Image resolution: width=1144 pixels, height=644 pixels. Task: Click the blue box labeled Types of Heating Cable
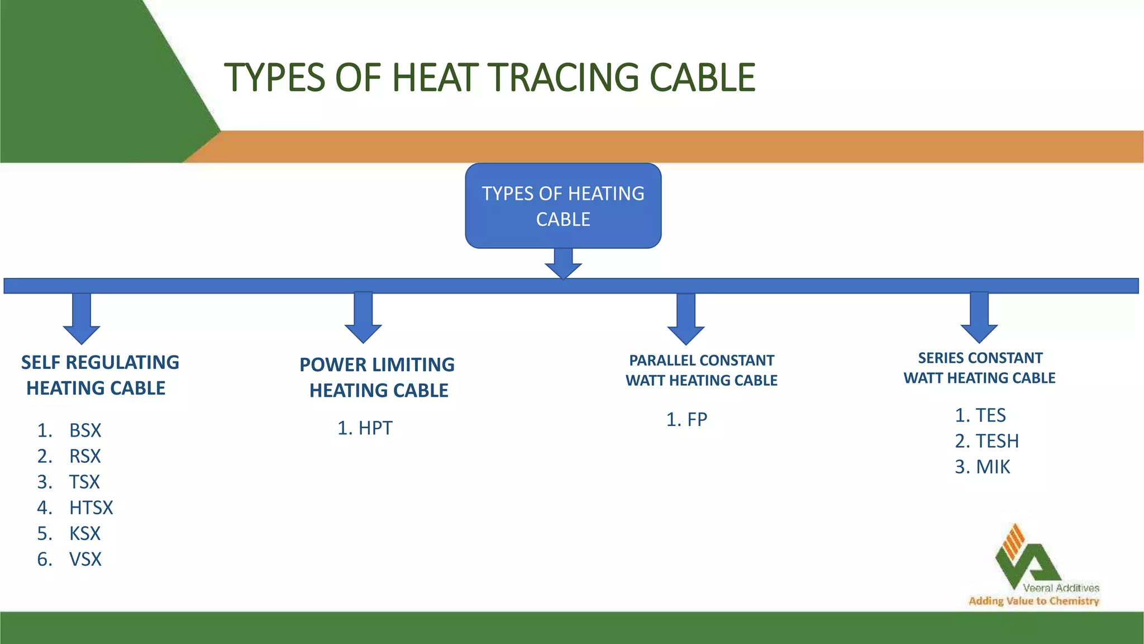563,206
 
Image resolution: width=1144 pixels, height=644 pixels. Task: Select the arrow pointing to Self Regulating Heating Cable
82,319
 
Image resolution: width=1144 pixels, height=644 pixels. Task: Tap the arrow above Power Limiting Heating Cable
363,318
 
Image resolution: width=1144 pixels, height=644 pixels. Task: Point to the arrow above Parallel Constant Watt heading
686,319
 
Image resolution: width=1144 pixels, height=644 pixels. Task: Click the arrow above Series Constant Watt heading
979,318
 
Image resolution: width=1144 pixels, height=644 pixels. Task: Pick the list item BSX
85,430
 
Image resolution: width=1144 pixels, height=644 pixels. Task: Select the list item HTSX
91,508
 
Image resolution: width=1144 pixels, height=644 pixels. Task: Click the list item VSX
85,559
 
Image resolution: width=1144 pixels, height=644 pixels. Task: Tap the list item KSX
85,533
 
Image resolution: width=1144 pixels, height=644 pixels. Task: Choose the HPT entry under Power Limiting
375,428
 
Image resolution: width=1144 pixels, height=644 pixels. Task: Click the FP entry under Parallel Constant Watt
697,419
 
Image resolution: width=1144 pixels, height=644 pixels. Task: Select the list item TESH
997,441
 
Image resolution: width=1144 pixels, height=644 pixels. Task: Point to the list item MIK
993,467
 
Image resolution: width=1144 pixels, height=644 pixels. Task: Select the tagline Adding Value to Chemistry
1033,601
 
